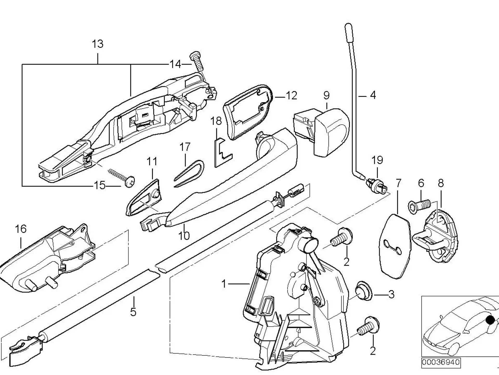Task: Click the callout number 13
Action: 98,44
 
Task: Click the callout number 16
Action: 21,229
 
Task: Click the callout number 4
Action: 373,95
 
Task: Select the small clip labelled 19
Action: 377,183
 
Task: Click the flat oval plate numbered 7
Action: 395,246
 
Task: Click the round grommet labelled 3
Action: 364,291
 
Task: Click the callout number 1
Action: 224,284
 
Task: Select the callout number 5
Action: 133,311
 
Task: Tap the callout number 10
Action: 184,236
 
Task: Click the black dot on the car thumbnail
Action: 490,320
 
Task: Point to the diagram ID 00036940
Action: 441,362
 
